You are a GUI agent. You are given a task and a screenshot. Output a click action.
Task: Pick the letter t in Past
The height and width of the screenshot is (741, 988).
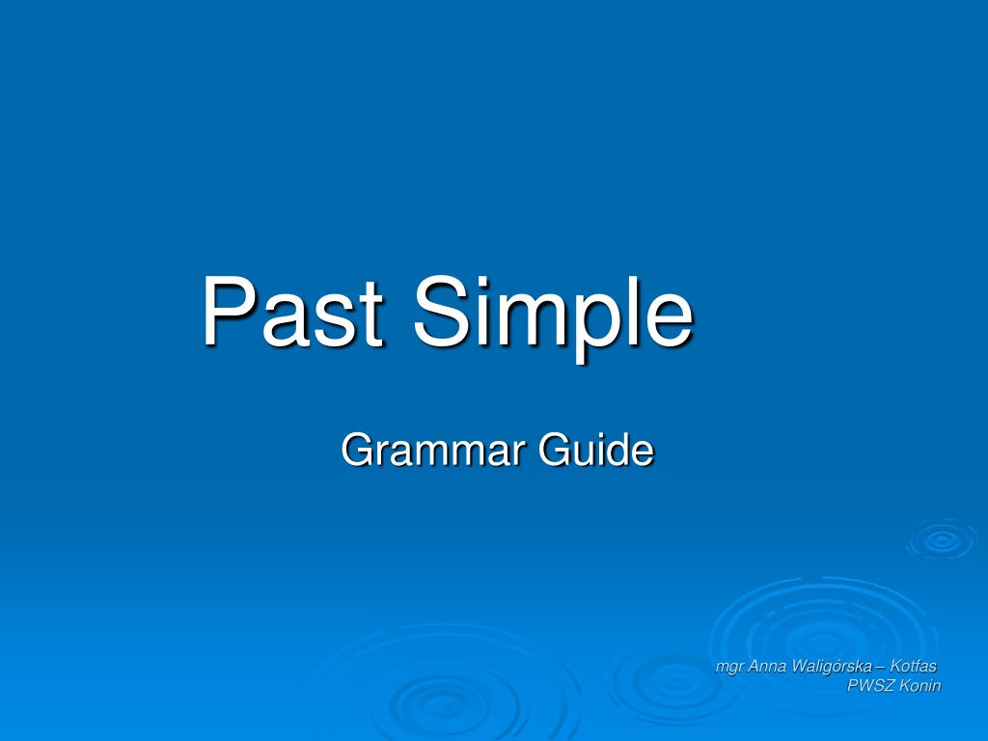[x=370, y=316]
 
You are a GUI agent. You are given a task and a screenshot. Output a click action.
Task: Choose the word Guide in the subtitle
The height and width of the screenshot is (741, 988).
[x=596, y=450]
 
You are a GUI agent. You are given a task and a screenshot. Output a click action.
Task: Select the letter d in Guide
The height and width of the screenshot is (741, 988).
[x=617, y=450]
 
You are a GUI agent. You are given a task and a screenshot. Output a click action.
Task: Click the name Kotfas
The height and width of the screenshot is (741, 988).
[x=913, y=666]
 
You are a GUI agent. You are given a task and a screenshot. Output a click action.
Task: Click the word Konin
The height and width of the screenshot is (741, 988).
[x=919, y=686]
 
